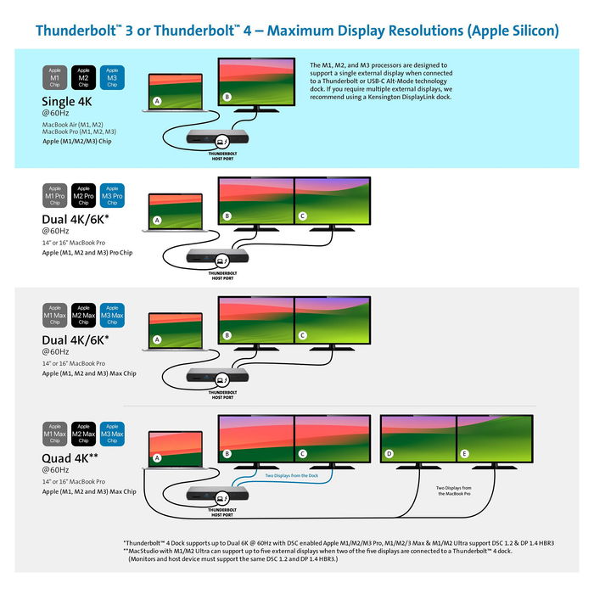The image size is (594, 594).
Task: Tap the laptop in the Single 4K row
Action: coord(176,89)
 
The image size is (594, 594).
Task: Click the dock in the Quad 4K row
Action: coord(217,496)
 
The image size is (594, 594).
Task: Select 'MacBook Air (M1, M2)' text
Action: coord(72,124)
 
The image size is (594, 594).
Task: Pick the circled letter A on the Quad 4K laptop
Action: coord(157,458)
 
